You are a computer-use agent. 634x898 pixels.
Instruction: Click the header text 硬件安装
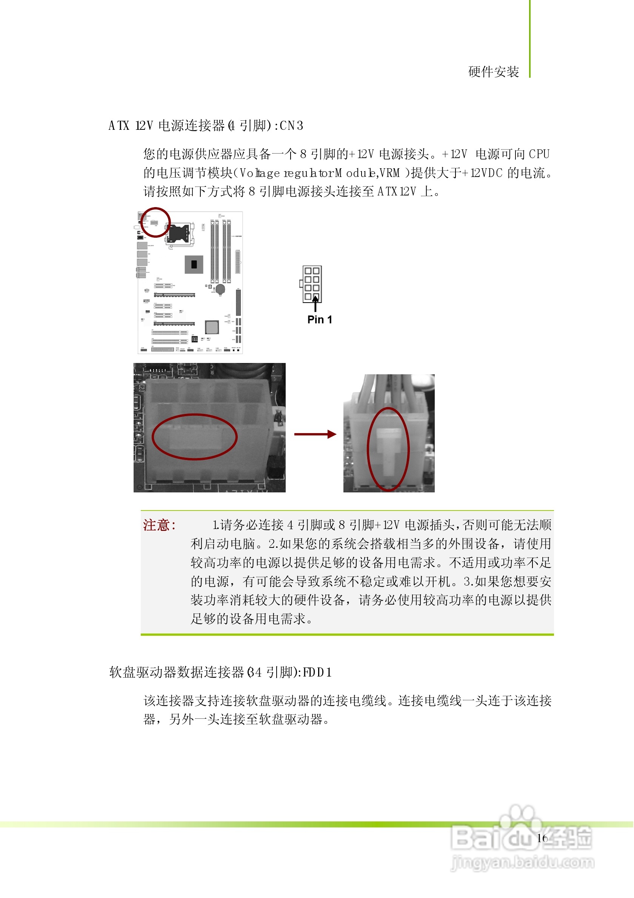coord(494,72)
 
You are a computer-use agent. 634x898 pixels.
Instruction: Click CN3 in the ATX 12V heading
coord(291,126)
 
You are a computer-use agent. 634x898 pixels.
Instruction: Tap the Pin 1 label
coord(320,320)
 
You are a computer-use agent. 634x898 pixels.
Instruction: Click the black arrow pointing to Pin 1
coord(315,304)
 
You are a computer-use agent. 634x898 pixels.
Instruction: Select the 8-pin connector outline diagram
coord(312,284)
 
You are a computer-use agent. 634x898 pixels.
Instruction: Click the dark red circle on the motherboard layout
coord(155,222)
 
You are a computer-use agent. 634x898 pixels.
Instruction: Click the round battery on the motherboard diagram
coord(221,289)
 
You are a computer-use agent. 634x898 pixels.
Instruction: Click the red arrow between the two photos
coord(315,434)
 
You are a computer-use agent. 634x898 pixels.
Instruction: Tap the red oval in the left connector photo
coord(194,437)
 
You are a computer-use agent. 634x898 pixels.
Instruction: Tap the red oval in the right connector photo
coord(388,449)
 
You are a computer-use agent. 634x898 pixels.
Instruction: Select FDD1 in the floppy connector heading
coord(317,672)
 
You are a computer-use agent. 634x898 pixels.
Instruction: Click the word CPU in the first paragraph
coord(539,154)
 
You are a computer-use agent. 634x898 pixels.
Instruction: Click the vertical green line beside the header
coord(530,39)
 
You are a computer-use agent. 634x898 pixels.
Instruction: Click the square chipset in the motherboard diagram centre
coord(194,264)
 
